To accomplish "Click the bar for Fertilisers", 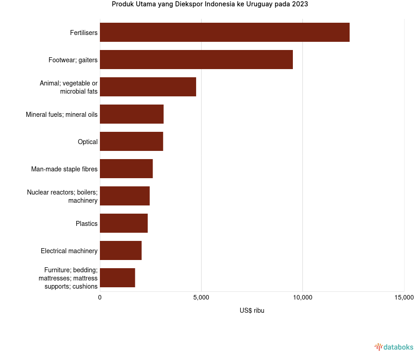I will tap(225, 32).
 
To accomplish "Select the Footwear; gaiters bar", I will tap(196, 60).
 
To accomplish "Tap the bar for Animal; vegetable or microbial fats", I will tap(148, 87).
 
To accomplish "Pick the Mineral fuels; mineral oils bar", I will tap(132, 114).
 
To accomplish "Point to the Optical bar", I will tap(131, 141).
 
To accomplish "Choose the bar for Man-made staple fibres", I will tap(126, 169).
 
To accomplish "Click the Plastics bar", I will tap(124, 223).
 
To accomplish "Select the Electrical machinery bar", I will tap(121, 250).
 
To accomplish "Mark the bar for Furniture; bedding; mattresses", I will tap(117, 278).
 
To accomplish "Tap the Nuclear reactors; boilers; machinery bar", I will tap(125, 196).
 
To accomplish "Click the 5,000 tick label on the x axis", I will tap(201, 298).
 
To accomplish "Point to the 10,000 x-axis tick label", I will tap(303, 298).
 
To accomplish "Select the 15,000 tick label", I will tap(404, 298).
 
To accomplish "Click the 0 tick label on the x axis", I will tap(100, 298).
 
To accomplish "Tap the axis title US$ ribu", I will tap(252, 310).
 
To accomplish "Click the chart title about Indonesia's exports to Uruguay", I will tap(210, 5).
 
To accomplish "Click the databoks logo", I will tap(394, 347).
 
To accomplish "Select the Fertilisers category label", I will tap(84, 33).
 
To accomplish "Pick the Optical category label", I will tap(88, 142).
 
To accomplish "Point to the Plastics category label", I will tap(87, 224).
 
